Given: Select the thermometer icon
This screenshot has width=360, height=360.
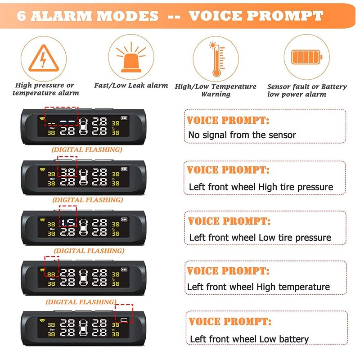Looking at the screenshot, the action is coord(217,59).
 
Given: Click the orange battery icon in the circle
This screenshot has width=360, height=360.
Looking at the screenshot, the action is coord(307,57).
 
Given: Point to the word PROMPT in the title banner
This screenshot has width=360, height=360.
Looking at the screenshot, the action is coord(285,16).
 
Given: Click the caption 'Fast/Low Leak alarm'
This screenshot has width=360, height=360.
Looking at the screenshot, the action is coord(131,85).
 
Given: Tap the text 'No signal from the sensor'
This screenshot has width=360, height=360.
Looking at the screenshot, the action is coord(242,135).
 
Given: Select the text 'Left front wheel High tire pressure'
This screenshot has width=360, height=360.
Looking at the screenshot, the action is coord(261,187).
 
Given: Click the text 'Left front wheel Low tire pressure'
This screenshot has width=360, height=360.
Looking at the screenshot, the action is coord(260,238).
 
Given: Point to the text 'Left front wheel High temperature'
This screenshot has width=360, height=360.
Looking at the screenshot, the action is coord(258,287).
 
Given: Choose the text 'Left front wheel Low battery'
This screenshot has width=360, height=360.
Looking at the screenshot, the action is coord(249,339).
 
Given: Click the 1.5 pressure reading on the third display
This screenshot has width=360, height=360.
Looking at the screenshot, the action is coord(68,222).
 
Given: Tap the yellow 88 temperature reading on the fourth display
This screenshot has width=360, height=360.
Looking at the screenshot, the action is coord(51,274).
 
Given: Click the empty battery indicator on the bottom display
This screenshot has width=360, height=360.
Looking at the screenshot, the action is coord(124,319).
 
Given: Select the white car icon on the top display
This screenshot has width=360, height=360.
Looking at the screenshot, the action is coord(83,126).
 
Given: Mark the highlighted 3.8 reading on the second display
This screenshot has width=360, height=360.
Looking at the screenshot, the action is coord(68,172).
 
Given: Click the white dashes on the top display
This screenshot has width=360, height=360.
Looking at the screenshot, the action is coord(67,121).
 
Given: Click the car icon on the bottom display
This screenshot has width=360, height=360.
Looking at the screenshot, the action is coord(83,328).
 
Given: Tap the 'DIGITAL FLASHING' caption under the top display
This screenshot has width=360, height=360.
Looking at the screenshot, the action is coord(87,150).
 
